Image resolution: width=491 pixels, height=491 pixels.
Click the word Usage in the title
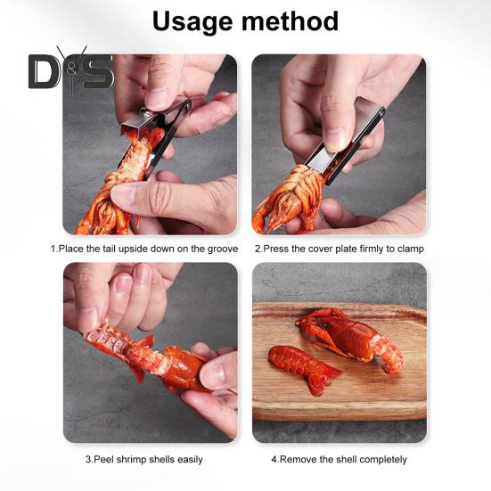point(193,22)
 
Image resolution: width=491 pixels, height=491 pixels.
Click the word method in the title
point(290,21)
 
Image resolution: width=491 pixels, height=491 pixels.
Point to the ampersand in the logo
point(72,71)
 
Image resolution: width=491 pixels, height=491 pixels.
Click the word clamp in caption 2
point(410,250)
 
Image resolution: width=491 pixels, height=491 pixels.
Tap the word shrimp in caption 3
point(132,460)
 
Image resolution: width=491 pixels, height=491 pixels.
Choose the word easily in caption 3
point(190,460)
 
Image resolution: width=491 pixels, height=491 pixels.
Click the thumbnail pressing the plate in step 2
point(334,139)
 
